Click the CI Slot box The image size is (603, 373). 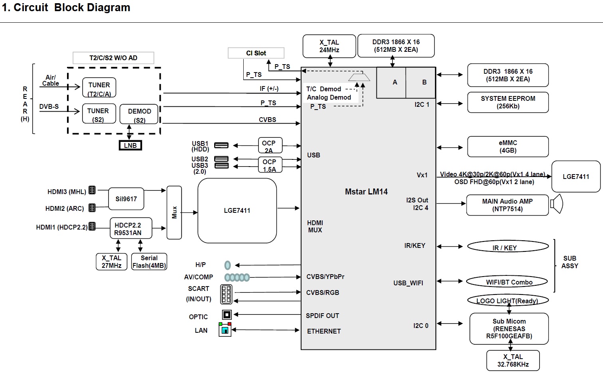(256, 53)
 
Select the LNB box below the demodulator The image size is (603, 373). (130, 145)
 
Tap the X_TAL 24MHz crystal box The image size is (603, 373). (329, 46)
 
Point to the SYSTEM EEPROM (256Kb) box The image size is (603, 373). (508, 102)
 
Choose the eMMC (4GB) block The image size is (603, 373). (508, 147)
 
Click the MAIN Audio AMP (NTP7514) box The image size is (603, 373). (507, 205)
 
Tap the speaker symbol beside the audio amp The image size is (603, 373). (556, 204)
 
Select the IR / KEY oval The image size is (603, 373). (508, 247)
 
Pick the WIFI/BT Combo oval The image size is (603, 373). (508, 282)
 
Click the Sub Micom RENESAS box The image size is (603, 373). (509, 329)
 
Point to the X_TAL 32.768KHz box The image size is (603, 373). (513, 360)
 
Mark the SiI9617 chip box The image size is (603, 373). (126, 199)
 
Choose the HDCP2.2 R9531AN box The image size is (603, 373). (128, 229)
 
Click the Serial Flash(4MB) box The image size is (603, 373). (149, 262)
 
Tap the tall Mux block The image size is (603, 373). (174, 212)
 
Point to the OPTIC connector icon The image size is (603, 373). (227, 315)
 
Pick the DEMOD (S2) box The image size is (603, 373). (139, 114)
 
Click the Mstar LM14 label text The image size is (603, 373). (366, 192)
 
